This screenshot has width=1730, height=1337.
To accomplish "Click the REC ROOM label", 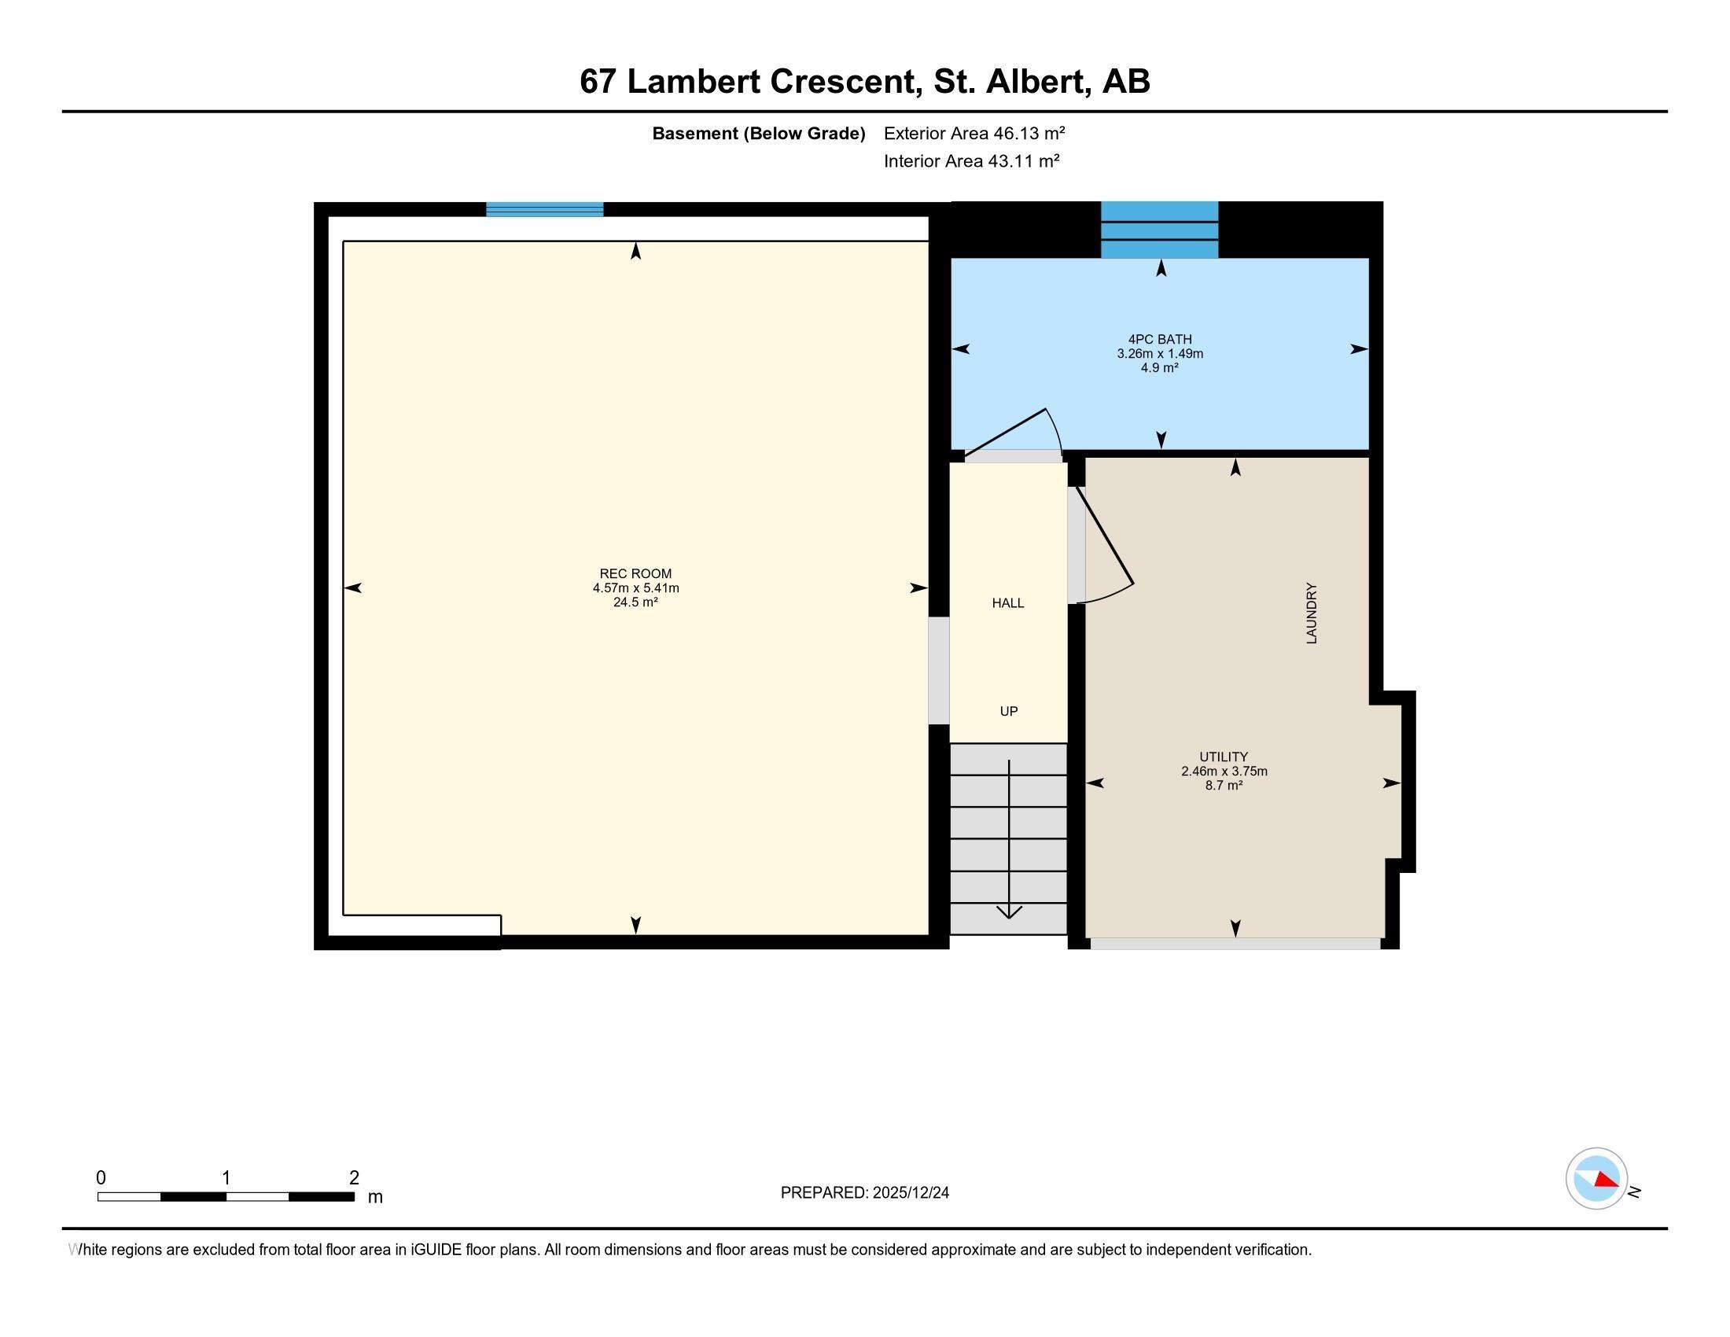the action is (x=635, y=573).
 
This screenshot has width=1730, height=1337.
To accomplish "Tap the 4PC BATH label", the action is (x=1160, y=339).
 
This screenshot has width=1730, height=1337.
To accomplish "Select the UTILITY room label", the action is (x=1224, y=757).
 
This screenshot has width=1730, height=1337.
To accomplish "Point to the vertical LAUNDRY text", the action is (x=1312, y=613).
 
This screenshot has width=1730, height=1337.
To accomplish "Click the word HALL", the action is (x=1008, y=602).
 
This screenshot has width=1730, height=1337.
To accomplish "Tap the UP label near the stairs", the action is (x=1008, y=711).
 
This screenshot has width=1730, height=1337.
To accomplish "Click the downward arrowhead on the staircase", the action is (x=1009, y=912).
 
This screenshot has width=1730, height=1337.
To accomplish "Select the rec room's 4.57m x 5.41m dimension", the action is (x=636, y=587).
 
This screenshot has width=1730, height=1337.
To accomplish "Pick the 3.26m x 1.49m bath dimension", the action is (x=1161, y=353).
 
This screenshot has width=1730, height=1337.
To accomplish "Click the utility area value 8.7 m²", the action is (x=1224, y=785).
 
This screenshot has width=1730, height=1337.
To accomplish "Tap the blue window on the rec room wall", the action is (x=544, y=209).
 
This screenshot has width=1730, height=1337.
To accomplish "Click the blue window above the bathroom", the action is (x=1160, y=230).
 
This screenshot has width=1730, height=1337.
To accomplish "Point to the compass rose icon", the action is (x=1597, y=1178).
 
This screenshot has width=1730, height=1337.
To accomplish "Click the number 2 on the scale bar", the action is (x=354, y=1178).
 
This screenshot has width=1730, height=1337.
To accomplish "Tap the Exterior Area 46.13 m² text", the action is (x=974, y=133).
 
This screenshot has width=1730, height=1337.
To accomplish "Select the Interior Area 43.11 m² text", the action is (x=972, y=160).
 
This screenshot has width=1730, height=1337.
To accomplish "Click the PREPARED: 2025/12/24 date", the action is (x=865, y=1192).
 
